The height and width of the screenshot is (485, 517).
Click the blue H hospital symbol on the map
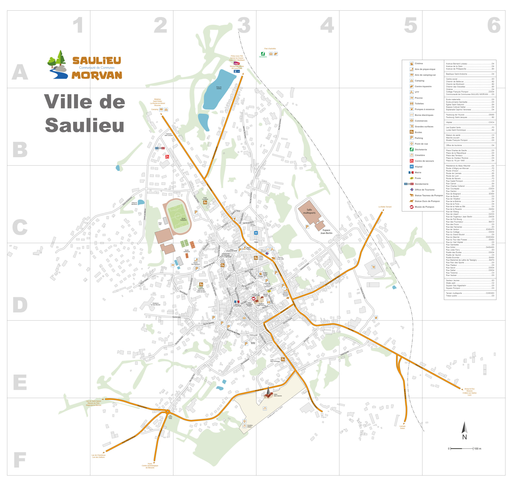pyautogui.click(x=256, y=233)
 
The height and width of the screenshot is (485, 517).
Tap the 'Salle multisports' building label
pyautogui.click(x=309, y=211)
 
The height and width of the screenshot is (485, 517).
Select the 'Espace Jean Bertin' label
pyautogui.click(x=326, y=232)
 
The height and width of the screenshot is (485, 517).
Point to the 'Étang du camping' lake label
pyautogui.click(x=219, y=88)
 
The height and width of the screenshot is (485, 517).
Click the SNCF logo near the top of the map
pyautogui.click(x=236, y=63)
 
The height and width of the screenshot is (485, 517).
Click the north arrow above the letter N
pyautogui.click(x=464, y=428)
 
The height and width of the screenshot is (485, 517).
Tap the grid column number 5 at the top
pyautogui.click(x=410, y=25)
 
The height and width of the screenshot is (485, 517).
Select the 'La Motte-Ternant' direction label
pyautogui.click(x=385, y=207)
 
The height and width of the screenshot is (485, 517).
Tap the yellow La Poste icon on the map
pyautogui.click(x=269, y=291)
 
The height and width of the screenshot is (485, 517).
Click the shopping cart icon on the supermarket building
pyautogui.click(x=373, y=267)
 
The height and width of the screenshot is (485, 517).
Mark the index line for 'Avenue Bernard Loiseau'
pyautogui.click(x=470, y=64)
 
